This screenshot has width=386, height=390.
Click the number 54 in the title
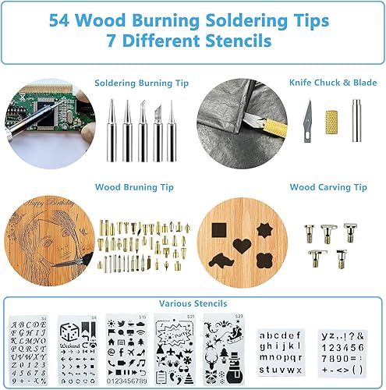(x=61, y=21)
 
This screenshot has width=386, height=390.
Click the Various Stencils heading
(x=193, y=303)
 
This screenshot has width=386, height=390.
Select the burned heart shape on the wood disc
(x=243, y=245)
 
